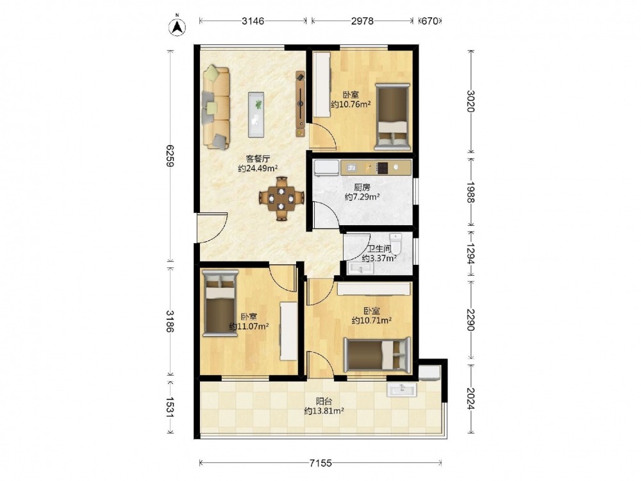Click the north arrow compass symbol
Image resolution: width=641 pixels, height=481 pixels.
coord(178,26)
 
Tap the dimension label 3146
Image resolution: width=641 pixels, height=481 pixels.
coord(253,21)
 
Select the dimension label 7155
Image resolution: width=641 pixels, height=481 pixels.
coord(320,464)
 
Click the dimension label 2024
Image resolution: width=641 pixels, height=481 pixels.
coord(471,398)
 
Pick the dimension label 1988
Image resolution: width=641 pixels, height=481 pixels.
coord(471,192)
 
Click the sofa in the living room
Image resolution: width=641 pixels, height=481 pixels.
coord(216,108)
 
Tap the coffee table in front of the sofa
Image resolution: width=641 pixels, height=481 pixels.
coord(256,115)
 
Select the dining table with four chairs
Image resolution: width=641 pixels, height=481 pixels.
coord(281,198)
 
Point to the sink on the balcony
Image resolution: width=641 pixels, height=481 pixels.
coord(402,389)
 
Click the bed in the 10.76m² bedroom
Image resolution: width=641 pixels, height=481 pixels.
coord(392,117)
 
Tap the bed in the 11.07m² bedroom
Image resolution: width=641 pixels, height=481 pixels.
coord(220,303)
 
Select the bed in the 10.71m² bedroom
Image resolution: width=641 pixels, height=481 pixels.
coord(376,355)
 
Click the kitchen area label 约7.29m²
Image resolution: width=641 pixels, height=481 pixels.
coord(362,197)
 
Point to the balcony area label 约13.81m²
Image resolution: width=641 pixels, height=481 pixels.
coord(324,411)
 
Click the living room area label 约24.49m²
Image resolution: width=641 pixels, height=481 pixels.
coord(258,168)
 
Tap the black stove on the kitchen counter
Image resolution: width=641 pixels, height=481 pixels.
coord(382,167)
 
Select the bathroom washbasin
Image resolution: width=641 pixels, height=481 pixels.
coord(360,268)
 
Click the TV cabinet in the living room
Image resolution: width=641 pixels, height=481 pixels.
coord(301,105)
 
